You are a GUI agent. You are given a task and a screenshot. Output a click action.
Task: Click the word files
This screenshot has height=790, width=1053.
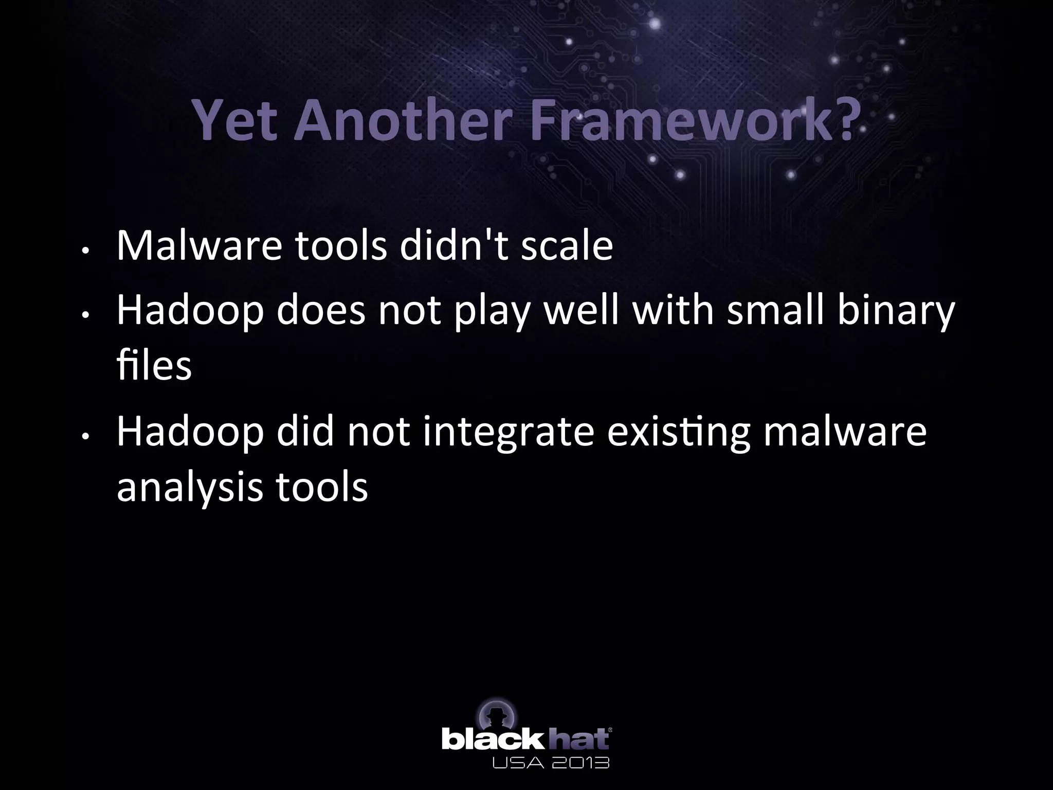[154, 366]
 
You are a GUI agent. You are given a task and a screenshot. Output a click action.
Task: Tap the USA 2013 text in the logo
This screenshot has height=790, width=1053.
[551, 762]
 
